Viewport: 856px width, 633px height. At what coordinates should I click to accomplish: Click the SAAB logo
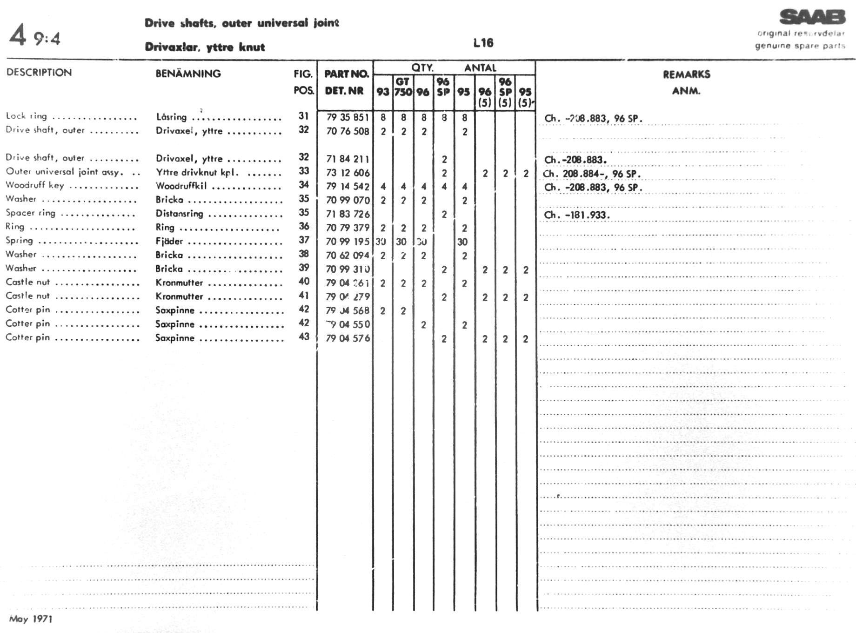[x=812, y=18]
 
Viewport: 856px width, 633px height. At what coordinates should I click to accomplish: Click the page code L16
[x=483, y=43]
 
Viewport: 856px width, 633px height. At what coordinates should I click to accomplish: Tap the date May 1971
[x=31, y=619]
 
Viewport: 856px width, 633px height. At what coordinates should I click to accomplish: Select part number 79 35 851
[x=348, y=117]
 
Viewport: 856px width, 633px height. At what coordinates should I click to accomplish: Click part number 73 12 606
[x=348, y=173]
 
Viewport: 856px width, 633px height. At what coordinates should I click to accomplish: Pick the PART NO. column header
[x=346, y=74]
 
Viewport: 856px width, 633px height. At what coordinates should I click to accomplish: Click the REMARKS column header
[x=686, y=74]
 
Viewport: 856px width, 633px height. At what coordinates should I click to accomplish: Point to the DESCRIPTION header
[x=39, y=73]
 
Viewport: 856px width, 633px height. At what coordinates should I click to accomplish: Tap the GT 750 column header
[x=403, y=87]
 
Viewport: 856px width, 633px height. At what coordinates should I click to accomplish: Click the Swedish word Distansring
[x=179, y=214]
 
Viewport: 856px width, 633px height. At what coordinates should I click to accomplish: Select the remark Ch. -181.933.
[x=577, y=215]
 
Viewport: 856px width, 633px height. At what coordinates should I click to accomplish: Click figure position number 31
[x=304, y=116]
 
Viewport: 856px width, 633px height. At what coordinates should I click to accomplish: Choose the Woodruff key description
[x=35, y=185]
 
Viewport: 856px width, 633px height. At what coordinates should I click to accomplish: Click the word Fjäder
[x=169, y=241]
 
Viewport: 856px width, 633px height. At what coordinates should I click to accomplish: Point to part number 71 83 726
[x=348, y=214]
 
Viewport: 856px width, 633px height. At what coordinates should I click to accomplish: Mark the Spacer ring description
[x=30, y=213]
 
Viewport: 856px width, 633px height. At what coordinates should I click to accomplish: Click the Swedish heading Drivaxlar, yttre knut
[x=205, y=47]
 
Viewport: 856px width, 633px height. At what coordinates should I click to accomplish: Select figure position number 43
[x=304, y=337]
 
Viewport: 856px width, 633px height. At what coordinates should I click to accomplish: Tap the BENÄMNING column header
[x=188, y=74]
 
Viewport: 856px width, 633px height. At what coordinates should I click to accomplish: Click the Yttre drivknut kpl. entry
[x=197, y=172]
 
